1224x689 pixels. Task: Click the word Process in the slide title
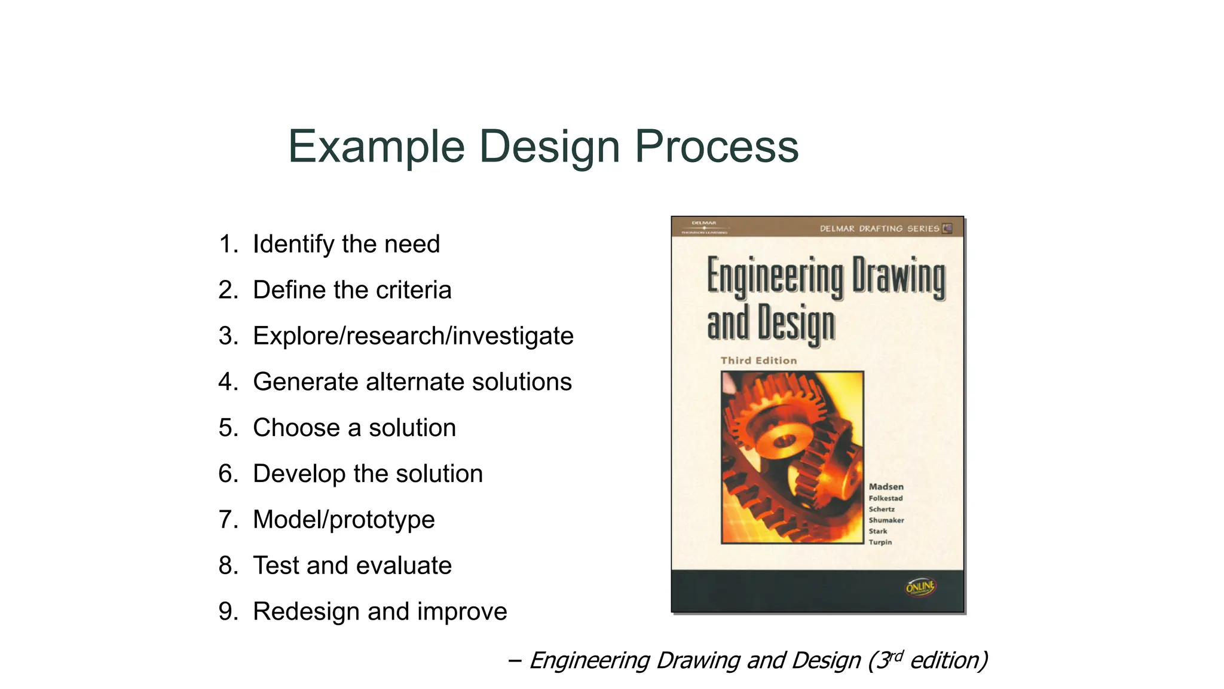[x=716, y=147]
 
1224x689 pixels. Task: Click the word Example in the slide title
[x=377, y=147]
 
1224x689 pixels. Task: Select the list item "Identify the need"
[x=346, y=244]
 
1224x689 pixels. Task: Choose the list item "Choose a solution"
[x=354, y=428]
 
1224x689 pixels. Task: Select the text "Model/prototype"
[x=344, y=519]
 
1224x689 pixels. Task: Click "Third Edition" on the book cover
[x=758, y=361]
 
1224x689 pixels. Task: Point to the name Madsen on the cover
[x=886, y=487]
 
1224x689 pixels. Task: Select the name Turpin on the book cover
[x=880, y=542]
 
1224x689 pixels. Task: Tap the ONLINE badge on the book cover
[x=920, y=587]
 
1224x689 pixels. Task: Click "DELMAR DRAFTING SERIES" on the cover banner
[x=879, y=228]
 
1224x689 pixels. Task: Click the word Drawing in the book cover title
[x=898, y=276]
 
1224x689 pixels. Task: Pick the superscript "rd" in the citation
[x=895, y=655]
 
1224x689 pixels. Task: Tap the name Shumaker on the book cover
[x=886, y=520]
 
